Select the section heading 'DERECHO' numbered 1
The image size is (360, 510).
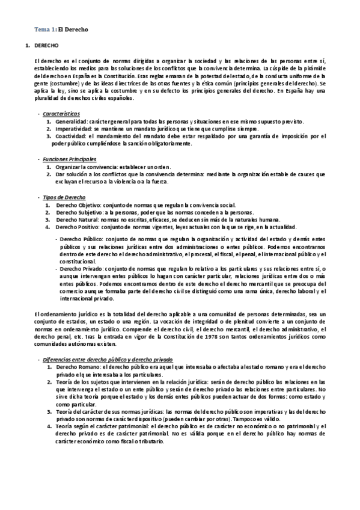pos(46,46)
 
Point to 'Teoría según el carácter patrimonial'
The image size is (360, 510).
pos(101,426)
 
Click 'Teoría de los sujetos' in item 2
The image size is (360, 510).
pos(82,382)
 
